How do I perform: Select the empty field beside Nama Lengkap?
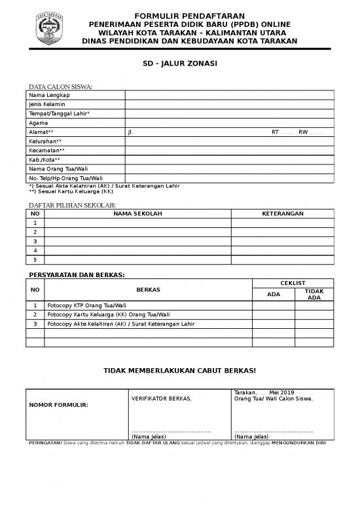(x=229, y=95)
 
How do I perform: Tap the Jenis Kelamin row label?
(x=46, y=104)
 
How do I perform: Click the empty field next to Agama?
(x=229, y=123)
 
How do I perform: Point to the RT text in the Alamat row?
(x=275, y=132)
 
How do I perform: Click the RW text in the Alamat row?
(x=303, y=132)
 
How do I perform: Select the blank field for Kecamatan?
(x=229, y=150)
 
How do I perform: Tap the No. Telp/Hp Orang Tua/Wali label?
(x=65, y=178)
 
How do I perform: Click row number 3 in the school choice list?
(x=35, y=241)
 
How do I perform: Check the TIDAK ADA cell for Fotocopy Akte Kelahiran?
(x=314, y=324)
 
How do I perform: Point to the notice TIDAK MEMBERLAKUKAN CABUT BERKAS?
(x=180, y=371)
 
